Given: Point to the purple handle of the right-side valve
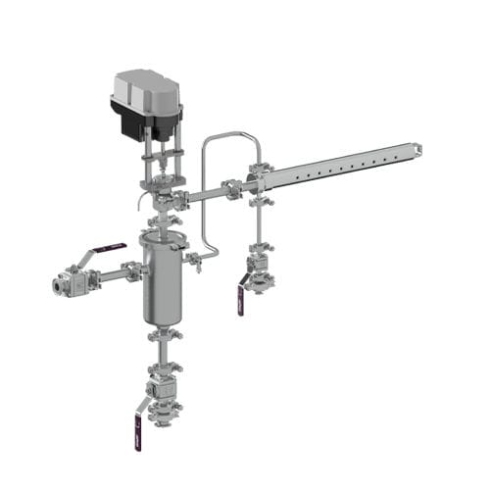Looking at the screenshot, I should [x=239, y=298].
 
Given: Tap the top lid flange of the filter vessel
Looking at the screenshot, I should [x=162, y=237].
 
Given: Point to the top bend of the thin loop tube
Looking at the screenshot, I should [x=230, y=135].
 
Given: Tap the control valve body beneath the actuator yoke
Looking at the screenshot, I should [x=161, y=202].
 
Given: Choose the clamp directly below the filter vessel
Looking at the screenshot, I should [x=163, y=338].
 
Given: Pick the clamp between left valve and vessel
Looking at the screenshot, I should [x=130, y=271].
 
